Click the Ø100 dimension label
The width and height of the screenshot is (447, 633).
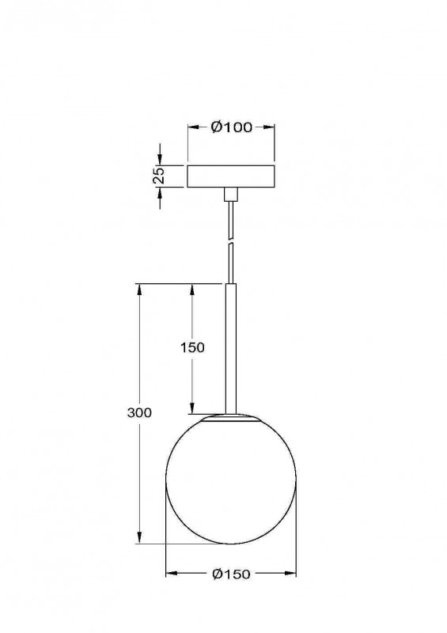point(231,127)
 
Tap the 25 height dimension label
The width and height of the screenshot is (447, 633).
point(160,176)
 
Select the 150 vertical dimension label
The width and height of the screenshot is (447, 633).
point(192,347)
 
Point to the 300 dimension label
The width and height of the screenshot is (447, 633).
point(139,412)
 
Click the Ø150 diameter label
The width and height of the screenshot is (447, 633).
point(231,574)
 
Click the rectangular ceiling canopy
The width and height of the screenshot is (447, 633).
point(231,176)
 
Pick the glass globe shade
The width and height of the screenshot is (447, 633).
point(231,479)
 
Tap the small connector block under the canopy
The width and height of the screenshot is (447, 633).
point(231,194)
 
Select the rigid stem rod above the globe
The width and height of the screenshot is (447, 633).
point(230,349)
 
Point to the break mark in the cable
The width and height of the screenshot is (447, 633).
point(230,241)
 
